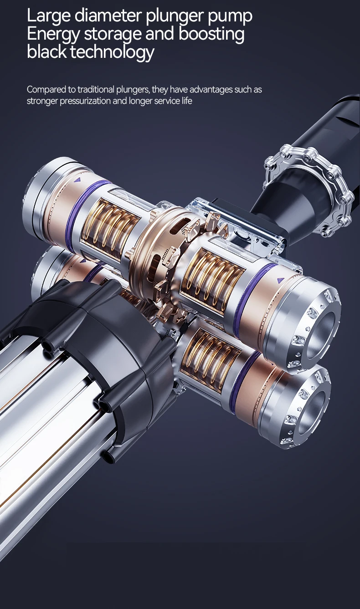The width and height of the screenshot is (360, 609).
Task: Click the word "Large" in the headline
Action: coord(48,16)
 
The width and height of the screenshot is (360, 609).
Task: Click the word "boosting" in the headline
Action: coord(211,35)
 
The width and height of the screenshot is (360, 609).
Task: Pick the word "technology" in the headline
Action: coord(112,52)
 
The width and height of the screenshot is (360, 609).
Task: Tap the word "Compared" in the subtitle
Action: coord(46,90)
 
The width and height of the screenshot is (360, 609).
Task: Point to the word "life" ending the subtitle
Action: coord(187,101)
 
